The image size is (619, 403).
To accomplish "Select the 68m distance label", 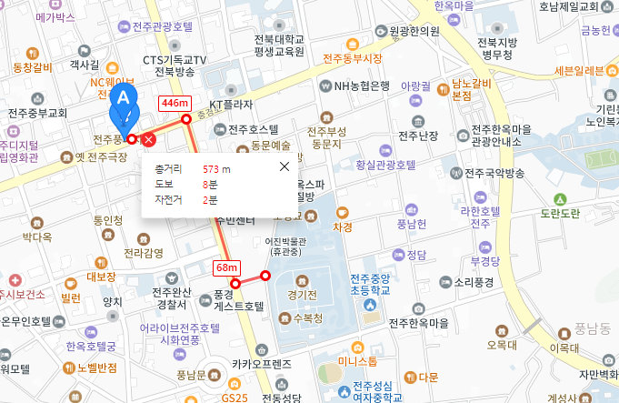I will click(225, 267).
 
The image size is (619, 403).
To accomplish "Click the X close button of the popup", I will click(285, 166).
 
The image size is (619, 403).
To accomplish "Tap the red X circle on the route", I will click(149, 139).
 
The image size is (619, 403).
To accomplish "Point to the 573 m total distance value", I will click(216, 169).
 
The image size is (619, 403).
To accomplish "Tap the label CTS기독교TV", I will click(175, 60).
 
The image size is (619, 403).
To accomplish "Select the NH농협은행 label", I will click(362, 86).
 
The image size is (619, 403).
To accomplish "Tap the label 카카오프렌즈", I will click(262, 363).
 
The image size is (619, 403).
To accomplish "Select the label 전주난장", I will click(418, 136).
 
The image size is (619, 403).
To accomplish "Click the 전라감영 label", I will click(144, 252).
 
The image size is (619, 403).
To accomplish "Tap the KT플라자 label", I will click(231, 105).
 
